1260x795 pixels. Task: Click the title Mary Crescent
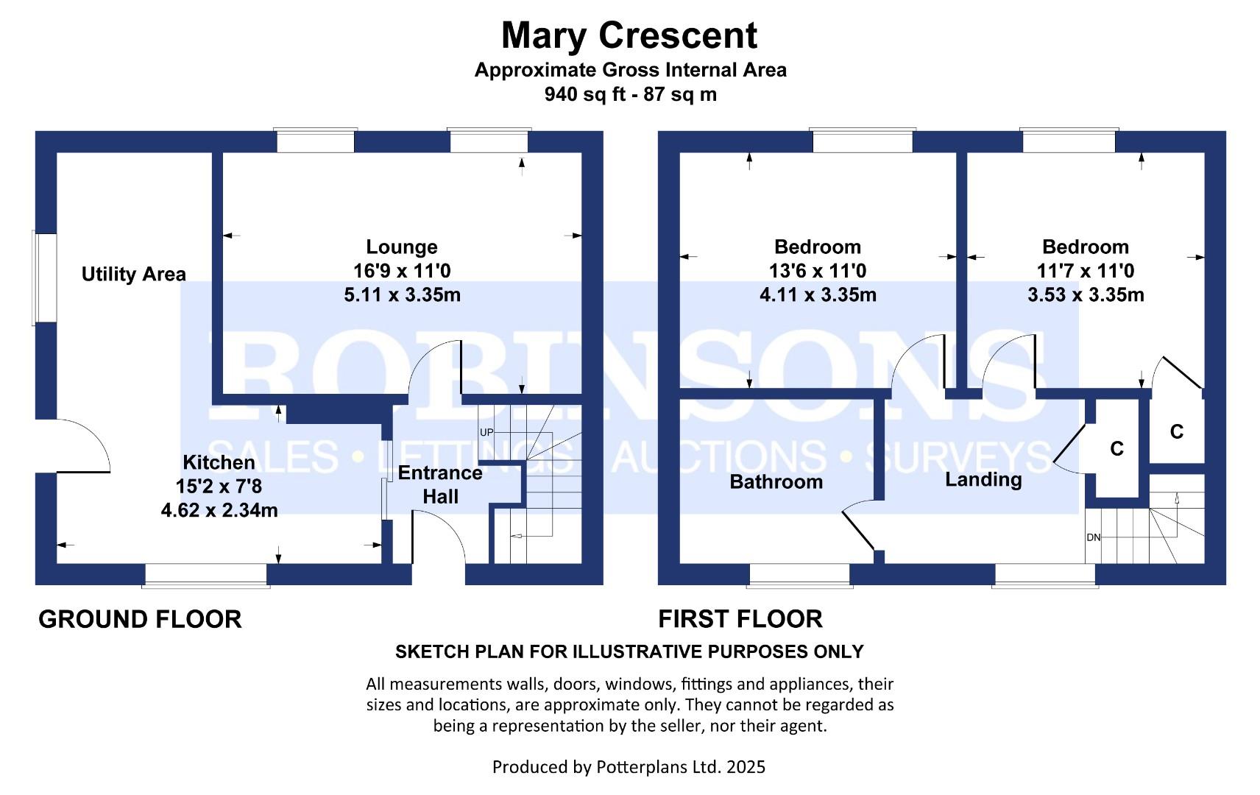[629, 35]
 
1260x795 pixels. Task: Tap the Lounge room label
[402, 247]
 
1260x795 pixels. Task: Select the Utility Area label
[133, 275]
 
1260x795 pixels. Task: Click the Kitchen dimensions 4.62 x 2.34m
[219, 510]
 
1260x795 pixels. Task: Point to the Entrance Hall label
[440, 484]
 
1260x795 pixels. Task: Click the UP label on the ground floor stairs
[486, 432]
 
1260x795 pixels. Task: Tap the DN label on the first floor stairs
[1093, 537]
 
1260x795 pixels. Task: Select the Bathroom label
[776, 482]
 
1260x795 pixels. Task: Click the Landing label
[983, 480]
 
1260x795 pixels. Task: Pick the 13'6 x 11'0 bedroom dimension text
[818, 271]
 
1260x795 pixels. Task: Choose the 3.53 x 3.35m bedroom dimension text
[1086, 295]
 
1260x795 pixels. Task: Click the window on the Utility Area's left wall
[44, 278]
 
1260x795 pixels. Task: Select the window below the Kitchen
[206, 576]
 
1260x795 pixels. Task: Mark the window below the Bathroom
[800, 576]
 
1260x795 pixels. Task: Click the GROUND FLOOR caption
[140, 620]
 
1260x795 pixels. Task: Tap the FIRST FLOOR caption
[740, 619]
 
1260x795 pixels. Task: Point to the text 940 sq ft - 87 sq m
[630, 94]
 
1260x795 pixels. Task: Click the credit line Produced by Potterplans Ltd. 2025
[629, 767]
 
